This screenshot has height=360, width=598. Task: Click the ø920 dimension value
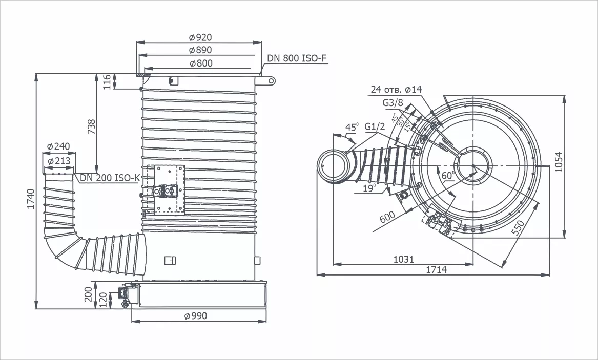click(x=200, y=37)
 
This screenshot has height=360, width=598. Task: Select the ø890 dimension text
click(x=200, y=50)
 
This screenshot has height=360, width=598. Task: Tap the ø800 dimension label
click(x=201, y=63)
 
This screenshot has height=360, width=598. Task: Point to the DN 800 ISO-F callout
click(x=297, y=58)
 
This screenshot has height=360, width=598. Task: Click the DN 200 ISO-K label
click(x=110, y=178)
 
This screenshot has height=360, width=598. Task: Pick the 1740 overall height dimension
click(x=31, y=199)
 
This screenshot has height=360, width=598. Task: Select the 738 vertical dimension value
click(x=92, y=126)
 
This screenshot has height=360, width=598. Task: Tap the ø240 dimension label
click(x=58, y=146)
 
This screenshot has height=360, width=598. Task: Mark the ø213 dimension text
click(x=59, y=161)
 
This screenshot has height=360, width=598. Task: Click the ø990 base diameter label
click(x=196, y=316)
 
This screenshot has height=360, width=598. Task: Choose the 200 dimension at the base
click(x=89, y=294)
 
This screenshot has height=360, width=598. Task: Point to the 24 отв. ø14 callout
click(x=396, y=90)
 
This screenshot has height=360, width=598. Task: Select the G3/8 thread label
click(x=393, y=103)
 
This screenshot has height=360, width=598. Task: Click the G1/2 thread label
click(x=375, y=126)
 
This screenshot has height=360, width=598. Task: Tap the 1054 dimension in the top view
click(x=559, y=162)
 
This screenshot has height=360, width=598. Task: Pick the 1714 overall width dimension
click(x=436, y=270)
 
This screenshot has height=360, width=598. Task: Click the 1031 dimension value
click(x=403, y=260)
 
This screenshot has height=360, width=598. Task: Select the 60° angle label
click(x=448, y=176)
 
